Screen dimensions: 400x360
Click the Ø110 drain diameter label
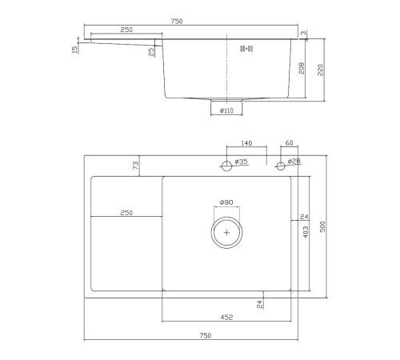226,110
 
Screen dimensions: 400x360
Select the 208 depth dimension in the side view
302,69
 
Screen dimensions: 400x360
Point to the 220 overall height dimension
320,70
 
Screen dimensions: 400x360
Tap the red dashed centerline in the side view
226,69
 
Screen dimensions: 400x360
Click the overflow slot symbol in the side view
246,49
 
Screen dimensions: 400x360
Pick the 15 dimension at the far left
74,50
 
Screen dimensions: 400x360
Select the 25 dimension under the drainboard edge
151,52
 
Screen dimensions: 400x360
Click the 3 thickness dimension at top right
303,33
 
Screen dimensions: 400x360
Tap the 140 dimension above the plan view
246,143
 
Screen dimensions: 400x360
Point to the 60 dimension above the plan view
289,143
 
